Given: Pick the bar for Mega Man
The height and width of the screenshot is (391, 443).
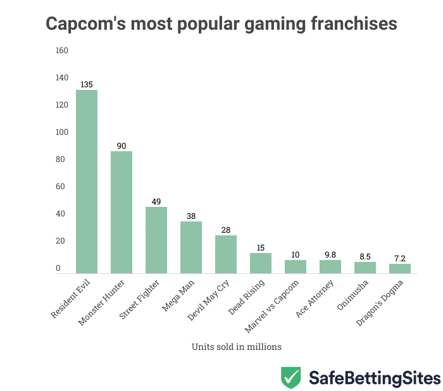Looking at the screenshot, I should pos(191,247).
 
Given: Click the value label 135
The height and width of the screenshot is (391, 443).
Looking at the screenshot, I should pos(87,84).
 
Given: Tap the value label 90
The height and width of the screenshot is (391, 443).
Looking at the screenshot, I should pos(122,146).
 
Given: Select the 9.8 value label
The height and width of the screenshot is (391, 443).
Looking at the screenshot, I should pos(330,254).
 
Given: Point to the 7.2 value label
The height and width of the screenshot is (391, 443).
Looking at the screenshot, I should pos(400,258).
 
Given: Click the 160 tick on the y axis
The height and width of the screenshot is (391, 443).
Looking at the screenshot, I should pos(62,51).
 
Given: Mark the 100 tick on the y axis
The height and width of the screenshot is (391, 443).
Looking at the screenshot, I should pos(62,132).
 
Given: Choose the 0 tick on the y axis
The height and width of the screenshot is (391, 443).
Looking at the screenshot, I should pos(58,268).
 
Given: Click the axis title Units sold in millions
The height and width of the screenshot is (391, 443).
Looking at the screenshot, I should pos(236,347).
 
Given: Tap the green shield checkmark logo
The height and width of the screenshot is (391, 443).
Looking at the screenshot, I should pos(290,377).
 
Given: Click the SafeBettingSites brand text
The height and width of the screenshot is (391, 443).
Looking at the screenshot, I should pos(374,378).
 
